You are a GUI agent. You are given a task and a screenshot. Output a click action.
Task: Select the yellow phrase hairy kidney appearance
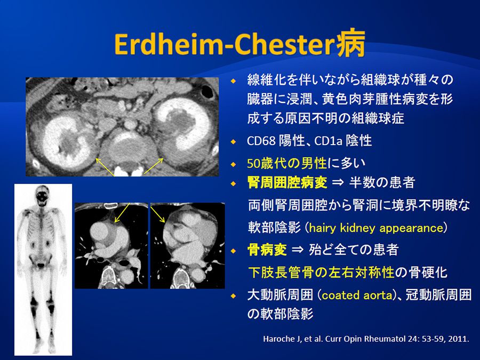pos(376,228)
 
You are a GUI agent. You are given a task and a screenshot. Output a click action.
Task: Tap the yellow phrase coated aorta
pos(357,295)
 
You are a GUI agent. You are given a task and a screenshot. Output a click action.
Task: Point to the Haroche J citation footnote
pos(366,339)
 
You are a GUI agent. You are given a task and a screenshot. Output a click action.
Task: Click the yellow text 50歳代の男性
pos(287,163)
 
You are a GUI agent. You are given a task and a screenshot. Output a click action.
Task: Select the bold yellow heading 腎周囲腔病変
pos(287,183)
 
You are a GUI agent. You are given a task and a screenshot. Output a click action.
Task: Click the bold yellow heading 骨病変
pos(267,250)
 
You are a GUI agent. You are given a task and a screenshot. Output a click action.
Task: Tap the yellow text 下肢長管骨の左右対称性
pos(321,273)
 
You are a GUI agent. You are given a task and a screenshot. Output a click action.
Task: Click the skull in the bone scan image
pos(42,196)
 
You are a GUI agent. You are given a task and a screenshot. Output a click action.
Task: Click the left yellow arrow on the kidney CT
pos(105,167)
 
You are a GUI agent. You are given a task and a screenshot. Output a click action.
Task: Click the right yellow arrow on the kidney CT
pos(154,166)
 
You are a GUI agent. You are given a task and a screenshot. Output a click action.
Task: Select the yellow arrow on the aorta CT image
pos(122,212)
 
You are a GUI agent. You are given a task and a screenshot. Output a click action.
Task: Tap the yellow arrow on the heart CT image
pos(158,214)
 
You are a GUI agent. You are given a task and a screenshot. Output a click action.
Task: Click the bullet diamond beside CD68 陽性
pos(234,142)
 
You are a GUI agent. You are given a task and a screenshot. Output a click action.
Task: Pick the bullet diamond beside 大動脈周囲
pos(234,295)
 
